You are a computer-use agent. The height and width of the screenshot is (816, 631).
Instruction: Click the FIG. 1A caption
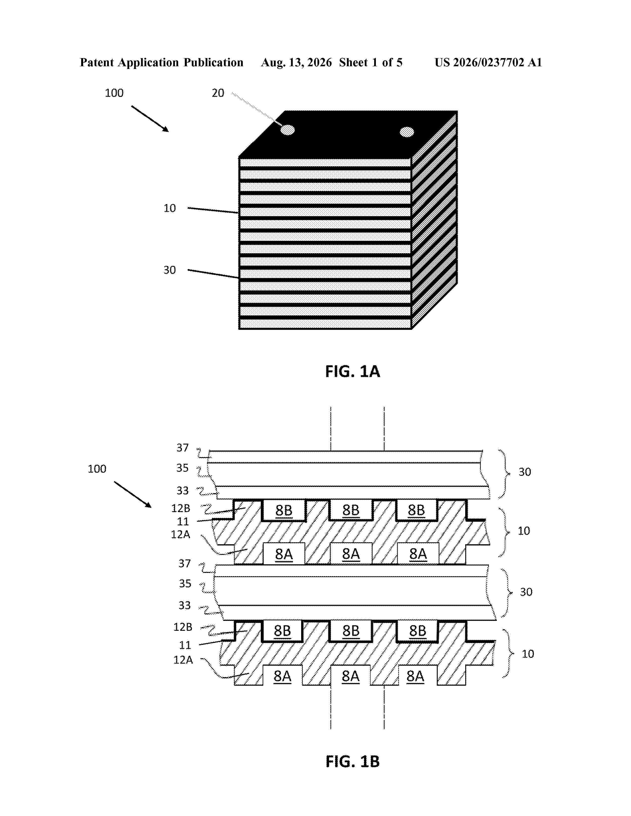[353, 371]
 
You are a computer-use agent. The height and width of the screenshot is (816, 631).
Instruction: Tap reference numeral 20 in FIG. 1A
[218, 93]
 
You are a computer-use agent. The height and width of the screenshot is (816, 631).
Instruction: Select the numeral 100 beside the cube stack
[114, 93]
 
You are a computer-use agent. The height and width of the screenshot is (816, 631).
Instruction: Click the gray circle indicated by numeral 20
[288, 130]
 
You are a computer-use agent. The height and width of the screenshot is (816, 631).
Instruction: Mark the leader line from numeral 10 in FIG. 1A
[213, 210]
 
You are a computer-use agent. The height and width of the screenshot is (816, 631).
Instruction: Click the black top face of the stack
[348, 134]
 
